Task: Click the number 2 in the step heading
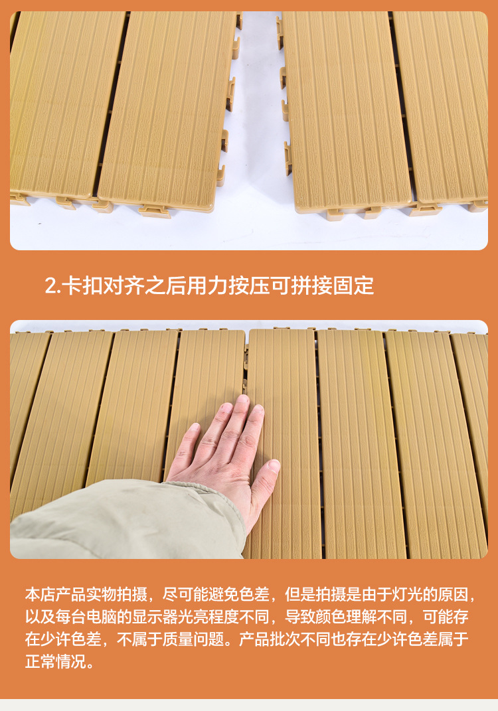click(x=50, y=286)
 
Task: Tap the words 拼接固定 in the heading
click(x=332, y=285)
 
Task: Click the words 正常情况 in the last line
click(x=55, y=662)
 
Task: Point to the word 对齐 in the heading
click(x=124, y=285)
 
